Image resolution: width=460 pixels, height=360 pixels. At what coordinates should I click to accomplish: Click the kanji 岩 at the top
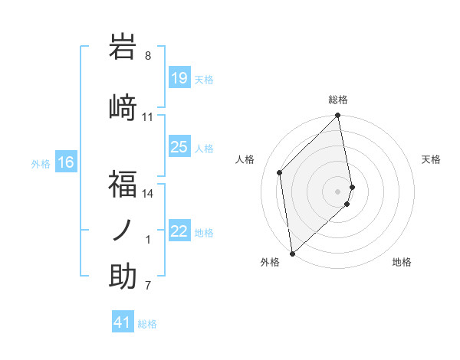point(123,47)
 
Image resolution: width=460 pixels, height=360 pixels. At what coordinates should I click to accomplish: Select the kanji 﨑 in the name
point(123,106)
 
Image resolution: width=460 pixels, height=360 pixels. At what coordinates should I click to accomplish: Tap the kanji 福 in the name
point(123,183)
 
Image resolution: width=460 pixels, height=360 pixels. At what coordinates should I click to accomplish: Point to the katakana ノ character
point(123,230)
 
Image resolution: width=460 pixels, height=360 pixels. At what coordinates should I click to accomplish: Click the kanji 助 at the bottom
point(123,277)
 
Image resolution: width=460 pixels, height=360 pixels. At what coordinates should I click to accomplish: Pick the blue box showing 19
point(179,78)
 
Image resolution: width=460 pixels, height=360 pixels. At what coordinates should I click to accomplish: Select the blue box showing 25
point(179,147)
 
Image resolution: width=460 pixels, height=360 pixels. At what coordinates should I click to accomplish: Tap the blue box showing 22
point(179,231)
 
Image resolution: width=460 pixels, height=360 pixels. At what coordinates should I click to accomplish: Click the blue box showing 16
point(65,162)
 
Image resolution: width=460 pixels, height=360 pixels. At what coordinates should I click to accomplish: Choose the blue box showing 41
point(123,322)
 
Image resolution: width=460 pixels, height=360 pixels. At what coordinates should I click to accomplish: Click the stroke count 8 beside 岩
point(148,56)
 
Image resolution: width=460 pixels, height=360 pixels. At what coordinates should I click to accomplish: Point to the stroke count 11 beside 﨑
point(148,117)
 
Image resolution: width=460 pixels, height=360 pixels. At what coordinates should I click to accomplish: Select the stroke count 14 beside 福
point(148,194)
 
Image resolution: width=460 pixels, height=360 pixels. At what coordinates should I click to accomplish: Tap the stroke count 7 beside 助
point(148,286)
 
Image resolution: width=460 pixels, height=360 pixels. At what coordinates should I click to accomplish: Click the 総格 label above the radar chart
point(338,100)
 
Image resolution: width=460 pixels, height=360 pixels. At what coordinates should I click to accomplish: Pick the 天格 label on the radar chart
point(431,159)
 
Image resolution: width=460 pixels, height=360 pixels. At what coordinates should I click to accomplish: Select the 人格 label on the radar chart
point(245,159)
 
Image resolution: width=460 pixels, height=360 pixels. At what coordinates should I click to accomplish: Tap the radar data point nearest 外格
point(292,253)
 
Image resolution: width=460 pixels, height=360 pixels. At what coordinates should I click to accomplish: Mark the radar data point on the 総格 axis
point(338,116)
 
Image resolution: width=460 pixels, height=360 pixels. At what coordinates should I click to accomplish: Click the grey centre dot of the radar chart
point(338,191)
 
